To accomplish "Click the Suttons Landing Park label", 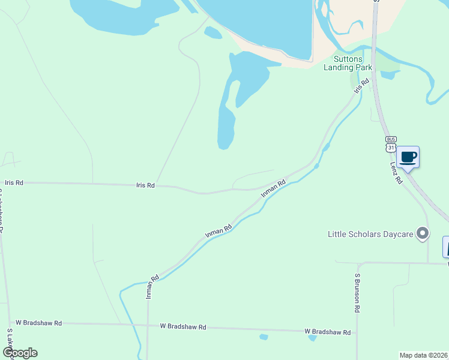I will click(x=348, y=63).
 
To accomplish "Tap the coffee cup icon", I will click(x=408, y=157).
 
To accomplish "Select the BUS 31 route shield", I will click(x=391, y=143).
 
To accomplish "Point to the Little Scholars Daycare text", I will click(x=370, y=234).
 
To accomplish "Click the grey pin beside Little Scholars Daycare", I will click(x=423, y=233).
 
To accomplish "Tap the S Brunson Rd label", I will click(x=357, y=293).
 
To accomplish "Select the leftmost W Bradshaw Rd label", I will click(x=38, y=323).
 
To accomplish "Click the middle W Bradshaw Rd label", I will click(x=183, y=327).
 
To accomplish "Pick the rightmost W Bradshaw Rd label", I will click(x=327, y=332).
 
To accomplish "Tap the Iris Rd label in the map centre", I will click(x=146, y=186).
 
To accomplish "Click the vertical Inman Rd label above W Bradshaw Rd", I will click(x=151, y=287).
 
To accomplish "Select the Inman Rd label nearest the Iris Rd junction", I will click(x=273, y=189).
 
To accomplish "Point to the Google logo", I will click(x=19, y=353).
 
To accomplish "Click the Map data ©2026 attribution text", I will click(x=423, y=355).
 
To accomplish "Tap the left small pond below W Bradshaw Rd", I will click(x=263, y=337).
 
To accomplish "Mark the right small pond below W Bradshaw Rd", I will click(x=312, y=338).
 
